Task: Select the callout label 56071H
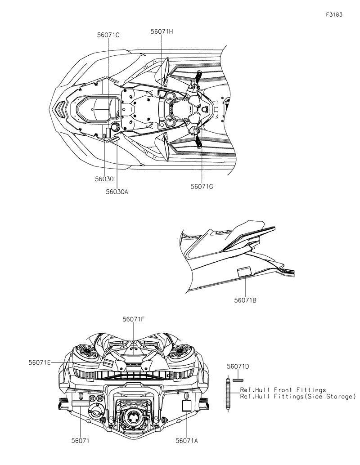click(162, 31)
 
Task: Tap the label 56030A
click(117, 192)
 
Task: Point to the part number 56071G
click(201, 186)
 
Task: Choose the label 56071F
click(134, 319)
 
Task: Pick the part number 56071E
click(40, 362)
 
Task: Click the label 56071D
click(238, 367)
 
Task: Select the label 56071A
click(187, 441)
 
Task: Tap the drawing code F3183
click(334, 14)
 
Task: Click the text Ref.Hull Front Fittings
click(283, 390)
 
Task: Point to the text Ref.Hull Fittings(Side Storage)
click(297, 396)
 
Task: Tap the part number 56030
click(104, 179)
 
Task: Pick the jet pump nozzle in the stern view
click(133, 417)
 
